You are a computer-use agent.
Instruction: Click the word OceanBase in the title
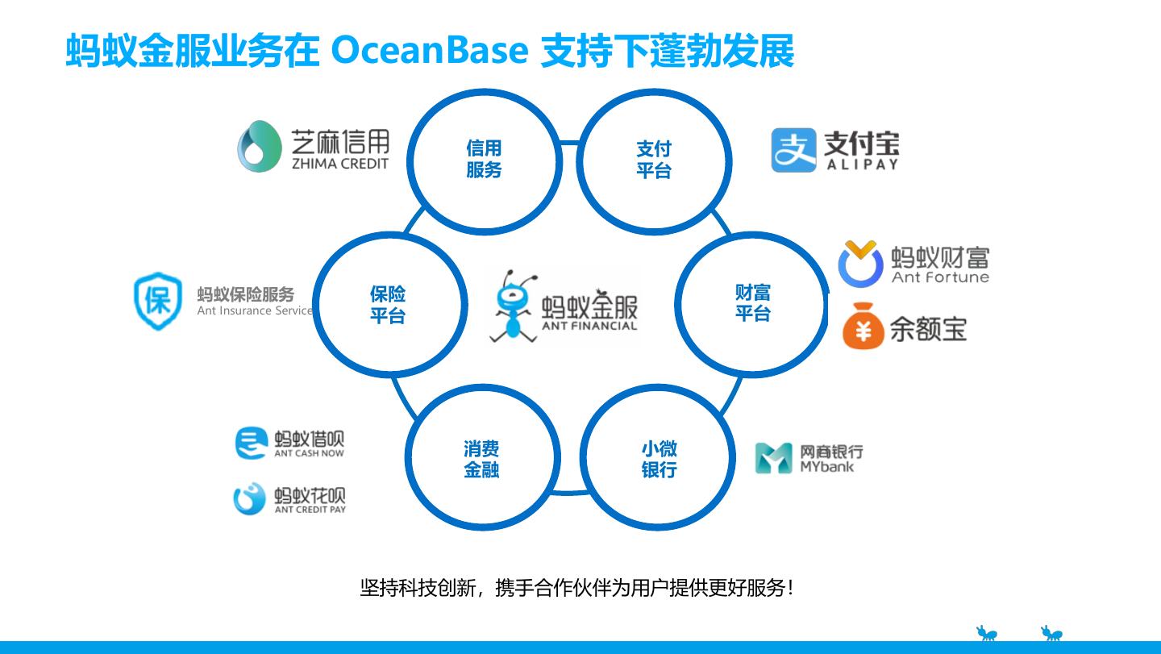point(430,51)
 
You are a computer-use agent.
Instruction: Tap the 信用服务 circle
point(484,160)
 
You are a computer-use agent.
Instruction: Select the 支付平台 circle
point(654,160)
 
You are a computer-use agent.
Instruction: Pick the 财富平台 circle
point(752,303)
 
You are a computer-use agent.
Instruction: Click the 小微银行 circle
point(659,459)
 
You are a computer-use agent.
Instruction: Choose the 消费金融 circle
point(482,459)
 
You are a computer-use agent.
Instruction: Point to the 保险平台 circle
point(388,304)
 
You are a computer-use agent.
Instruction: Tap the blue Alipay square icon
point(794,150)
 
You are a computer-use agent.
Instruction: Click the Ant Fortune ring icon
point(860,264)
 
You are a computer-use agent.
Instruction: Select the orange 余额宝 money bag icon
point(863,326)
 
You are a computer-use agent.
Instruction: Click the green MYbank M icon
point(773,458)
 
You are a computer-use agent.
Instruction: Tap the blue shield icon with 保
point(158,301)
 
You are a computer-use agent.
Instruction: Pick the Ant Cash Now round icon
point(251,443)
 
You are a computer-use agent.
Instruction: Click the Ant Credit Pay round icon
point(249,499)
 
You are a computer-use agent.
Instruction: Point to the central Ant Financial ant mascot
point(514,306)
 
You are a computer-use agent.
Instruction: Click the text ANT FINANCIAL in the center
point(589,326)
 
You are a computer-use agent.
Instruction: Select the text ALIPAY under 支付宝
point(862,165)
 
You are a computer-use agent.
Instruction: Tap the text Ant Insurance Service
point(255,310)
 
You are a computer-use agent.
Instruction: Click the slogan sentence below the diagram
point(576,588)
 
